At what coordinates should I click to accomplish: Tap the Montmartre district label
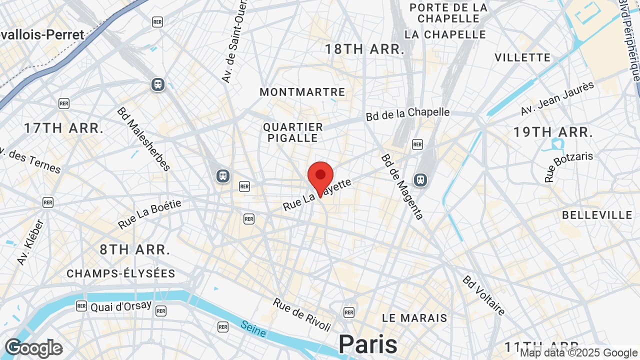pos(302,92)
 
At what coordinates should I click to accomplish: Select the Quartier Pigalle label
pos(293,132)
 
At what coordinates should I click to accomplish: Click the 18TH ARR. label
pos(364,49)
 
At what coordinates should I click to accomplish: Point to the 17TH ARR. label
pos(63,128)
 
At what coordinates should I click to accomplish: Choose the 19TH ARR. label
pos(553,132)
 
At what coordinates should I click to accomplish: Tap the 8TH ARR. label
pos(135,249)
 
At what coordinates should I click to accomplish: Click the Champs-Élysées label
pos(121,273)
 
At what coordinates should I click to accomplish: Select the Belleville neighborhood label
pos(597,215)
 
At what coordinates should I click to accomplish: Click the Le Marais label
pos(414,318)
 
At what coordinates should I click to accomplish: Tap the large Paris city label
pos(368,344)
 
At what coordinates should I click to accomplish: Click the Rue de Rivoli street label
pos(302,314)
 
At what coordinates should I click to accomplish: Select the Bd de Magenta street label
pos(402,186)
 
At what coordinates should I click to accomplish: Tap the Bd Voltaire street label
pos(483,295)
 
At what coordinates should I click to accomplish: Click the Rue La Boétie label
pos(149,214)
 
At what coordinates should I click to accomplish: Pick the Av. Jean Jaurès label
pos(557,97)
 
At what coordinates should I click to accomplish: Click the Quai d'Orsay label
pos(120,306)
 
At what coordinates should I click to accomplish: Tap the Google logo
pos(33,348)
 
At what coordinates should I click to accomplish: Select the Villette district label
pos(522,57)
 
